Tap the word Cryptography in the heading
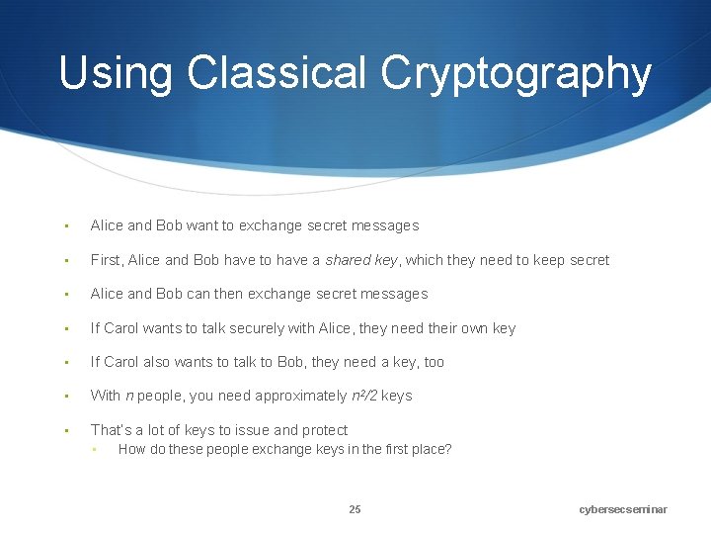coord(515,74)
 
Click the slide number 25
coord(355,509)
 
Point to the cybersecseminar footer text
coord(623,509)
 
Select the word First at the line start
coord(106,260)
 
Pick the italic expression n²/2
coord(364,396)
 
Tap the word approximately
coord(301,396)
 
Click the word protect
coord(325,430)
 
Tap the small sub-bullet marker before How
coord(94,450)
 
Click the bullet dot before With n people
coord(65,396)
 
